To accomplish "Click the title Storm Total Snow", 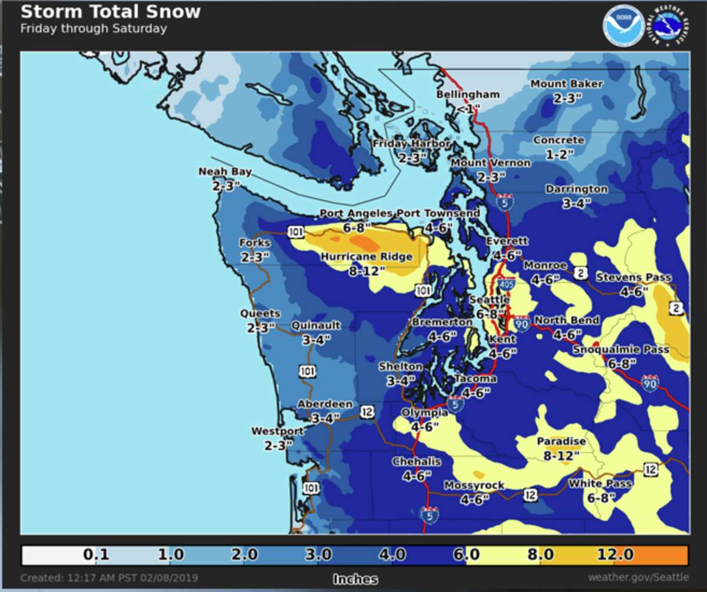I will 110,12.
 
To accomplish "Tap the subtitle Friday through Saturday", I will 93,28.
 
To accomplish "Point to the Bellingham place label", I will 468,94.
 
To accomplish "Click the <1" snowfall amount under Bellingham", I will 468,108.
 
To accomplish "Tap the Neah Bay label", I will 225,172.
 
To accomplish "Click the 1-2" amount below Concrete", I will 558,154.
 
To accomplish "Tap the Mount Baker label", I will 566,84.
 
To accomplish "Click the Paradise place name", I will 561,441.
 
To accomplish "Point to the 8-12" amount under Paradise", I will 561,455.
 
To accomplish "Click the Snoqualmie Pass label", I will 621,350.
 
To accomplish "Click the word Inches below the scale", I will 355,578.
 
